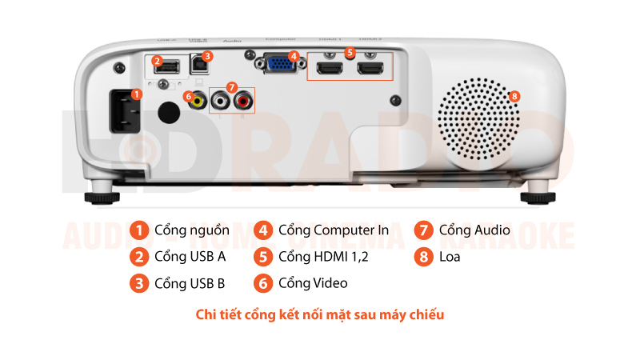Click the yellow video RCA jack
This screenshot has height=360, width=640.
(x=197, y=102)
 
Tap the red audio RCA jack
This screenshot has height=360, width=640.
(x=243, y=102)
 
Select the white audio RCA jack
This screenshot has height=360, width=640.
(x=221, y=102)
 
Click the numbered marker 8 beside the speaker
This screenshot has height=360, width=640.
(x=514, y=96)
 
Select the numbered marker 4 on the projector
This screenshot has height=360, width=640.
(x=294, y=56)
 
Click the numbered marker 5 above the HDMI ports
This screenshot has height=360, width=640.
(x=349, y=51)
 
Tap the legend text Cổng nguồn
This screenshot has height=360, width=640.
(x=186, y=230)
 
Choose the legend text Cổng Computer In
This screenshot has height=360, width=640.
(x=334, y=230)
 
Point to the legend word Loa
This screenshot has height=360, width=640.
(x=450, y=257)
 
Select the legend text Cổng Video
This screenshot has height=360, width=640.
(x=313, y=283)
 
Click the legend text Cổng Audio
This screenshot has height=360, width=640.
(x=474, y=230)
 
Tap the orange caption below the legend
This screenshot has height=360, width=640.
(x=320, y=314)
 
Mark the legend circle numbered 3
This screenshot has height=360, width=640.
(x=139, y=283)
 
